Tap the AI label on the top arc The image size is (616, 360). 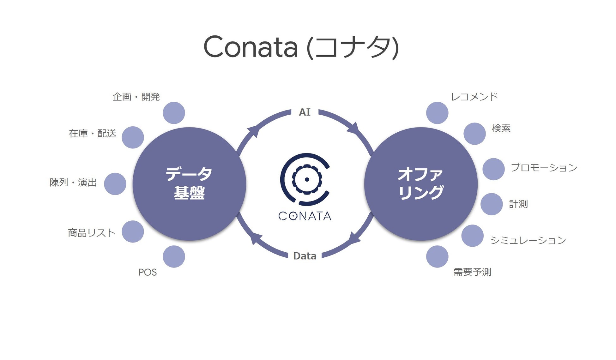305,112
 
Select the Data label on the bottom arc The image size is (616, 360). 305,256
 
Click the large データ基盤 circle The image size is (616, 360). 189,184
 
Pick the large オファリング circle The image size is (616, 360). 420,184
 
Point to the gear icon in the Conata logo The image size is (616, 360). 306,179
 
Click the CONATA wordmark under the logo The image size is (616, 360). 305,216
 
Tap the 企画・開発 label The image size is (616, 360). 136,97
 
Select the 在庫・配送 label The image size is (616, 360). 93,133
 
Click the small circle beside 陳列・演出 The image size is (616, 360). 115,184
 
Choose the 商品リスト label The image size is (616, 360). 92,233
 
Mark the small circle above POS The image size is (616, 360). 174,256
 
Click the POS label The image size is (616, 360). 148,272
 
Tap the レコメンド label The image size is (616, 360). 474,97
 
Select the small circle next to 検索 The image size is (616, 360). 474,134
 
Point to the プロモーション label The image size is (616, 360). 544,167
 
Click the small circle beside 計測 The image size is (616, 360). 492,204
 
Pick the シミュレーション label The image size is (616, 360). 528,240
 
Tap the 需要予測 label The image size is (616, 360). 472,272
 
